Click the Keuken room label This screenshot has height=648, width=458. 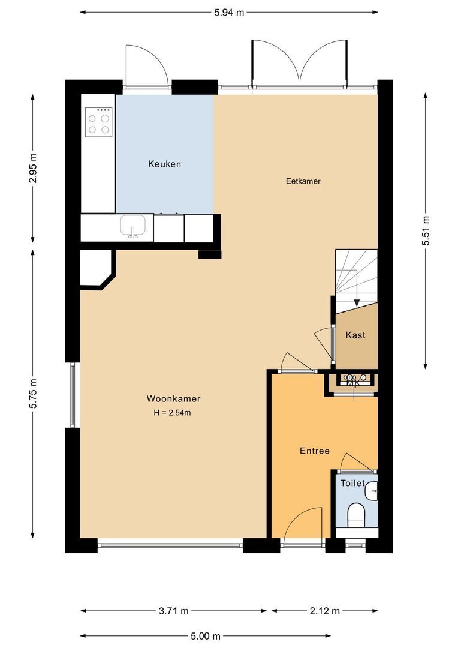click(164, 164)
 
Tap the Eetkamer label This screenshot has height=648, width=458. click(299, 181)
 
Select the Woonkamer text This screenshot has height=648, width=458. click(173, 398)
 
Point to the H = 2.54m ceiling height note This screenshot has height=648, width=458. click(173, 412)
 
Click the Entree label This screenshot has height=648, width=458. click(315, 451)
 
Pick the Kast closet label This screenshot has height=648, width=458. click(355, 335)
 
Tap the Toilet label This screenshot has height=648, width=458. click(352, 483)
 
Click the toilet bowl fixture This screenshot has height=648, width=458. click(356, 514)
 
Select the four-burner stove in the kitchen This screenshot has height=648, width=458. click(99, 122)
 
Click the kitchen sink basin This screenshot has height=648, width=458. click(133, 226)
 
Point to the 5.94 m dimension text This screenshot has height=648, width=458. click(229, 12)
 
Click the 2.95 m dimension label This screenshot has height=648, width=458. click(32, 168)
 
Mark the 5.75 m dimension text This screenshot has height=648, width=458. click(32, 394)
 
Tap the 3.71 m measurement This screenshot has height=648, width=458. click(174, 611)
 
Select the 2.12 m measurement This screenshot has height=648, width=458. click(325, 611)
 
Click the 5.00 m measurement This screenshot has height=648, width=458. click(206, 636)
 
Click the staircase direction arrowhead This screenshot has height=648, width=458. click(356, 302)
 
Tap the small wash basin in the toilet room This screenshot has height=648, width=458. click(372, 491)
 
